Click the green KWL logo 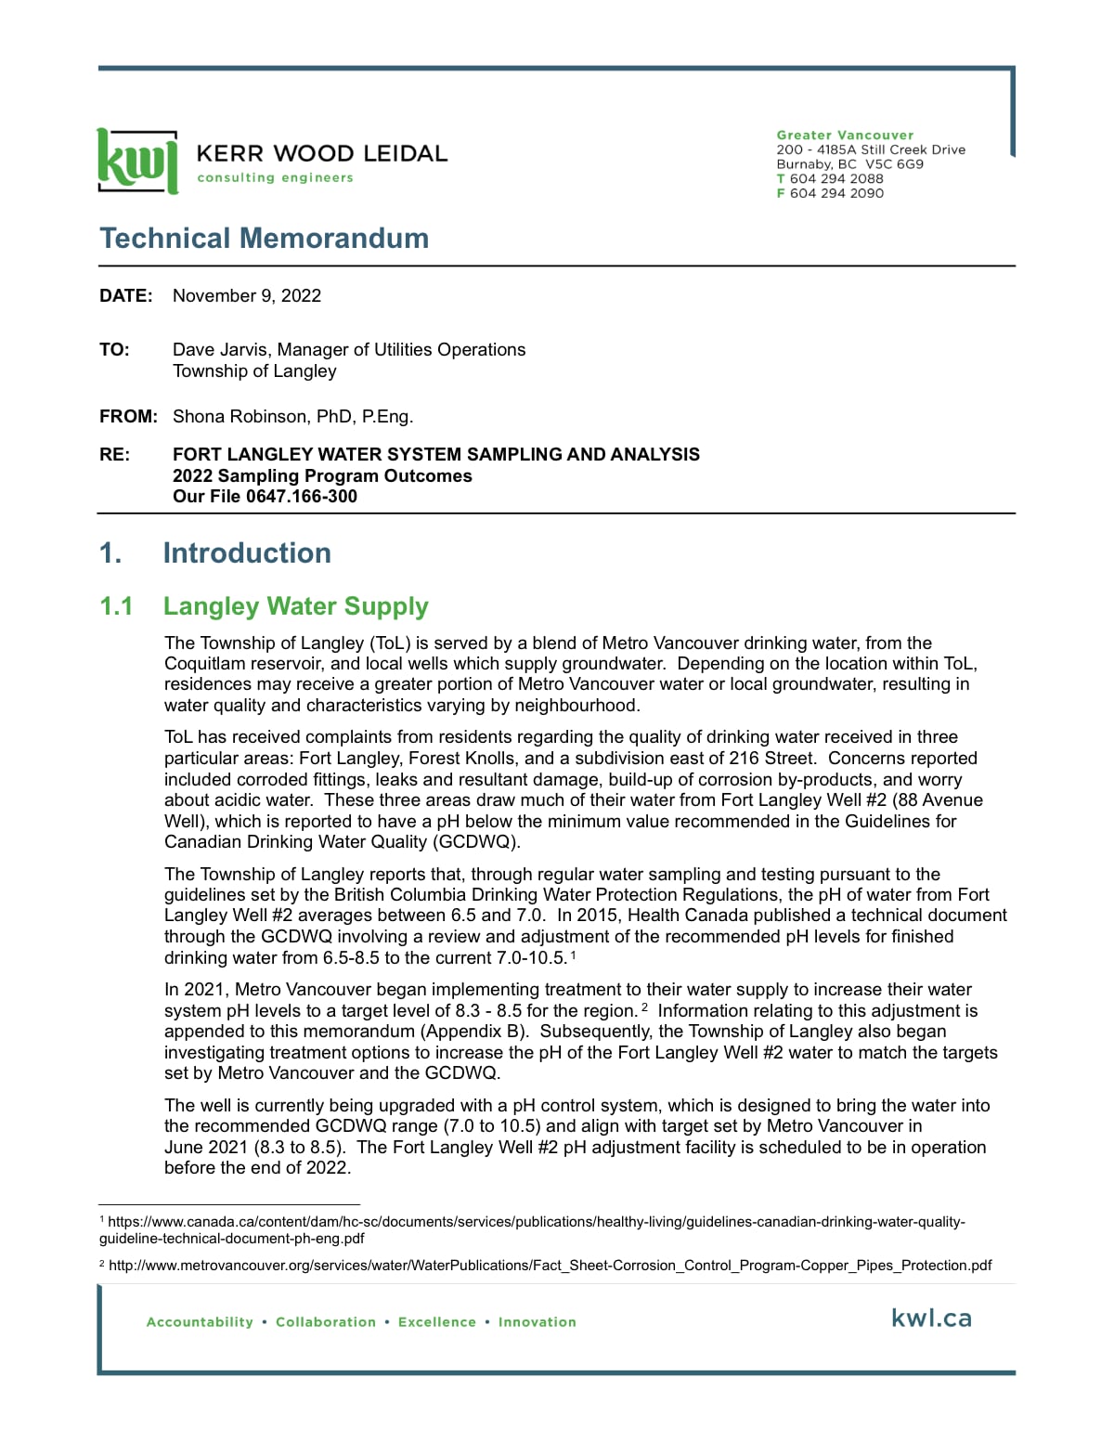(x=136, y=162)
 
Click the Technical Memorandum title (x=264, y=239)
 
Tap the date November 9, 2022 (x=247, y=296)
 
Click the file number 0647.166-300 (x=302, y=497)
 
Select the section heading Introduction (x=247, y=553)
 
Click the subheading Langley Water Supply (x=295, y=606)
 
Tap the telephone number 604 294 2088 (x=836, y=179)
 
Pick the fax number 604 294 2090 (x=836, y=193)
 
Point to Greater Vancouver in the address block (x=845, y=136)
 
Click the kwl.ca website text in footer (x=931, y=1319)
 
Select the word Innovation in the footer (x=537, y=1322)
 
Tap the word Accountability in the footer (x=200, y=1322)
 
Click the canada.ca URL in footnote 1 (x=536, y=1223)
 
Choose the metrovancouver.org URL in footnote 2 (x=550, y=1266)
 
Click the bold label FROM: (x=128, y=417)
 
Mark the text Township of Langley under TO (x=254, y=371)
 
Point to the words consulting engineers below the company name (x=275, y=178)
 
